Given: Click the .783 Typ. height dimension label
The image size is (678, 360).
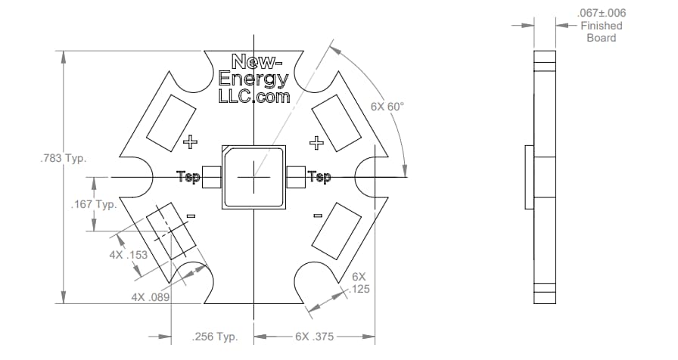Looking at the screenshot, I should pos(63,160).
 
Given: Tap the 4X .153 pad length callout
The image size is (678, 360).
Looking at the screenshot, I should pos(127,255).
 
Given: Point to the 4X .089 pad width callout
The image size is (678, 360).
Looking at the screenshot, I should pos(151,297).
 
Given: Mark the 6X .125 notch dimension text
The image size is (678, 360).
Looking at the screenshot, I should pos(359,283).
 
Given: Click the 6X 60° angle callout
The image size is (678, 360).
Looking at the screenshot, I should pos(387,107).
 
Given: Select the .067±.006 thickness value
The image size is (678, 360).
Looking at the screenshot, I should pos(601,13).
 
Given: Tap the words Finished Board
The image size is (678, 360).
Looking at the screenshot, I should pos(602,32).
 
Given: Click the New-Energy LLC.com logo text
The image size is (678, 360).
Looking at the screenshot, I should pos(253,79).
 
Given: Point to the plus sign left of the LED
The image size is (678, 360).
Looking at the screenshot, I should pos(190,141).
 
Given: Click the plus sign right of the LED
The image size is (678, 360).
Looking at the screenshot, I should pos(318,141).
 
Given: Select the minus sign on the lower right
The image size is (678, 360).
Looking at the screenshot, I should pos(318,216).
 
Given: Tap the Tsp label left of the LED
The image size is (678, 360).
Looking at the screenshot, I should pos(188,177).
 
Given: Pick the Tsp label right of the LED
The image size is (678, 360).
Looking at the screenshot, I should pos(319,177).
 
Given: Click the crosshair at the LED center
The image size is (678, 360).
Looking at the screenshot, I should pos(253,177).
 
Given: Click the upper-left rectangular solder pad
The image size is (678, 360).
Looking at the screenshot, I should pos(171,121).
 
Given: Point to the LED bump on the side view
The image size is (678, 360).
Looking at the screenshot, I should pos(529,177).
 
